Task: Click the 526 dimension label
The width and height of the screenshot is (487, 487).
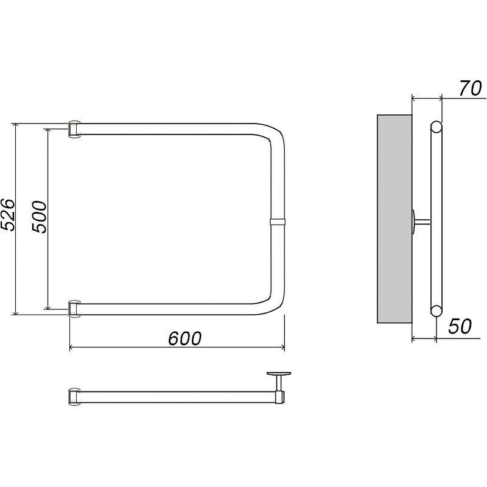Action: [x=7, y=214]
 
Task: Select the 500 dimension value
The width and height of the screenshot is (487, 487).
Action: [x=39, y=217]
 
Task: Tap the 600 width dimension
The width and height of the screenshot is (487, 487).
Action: [x=185, y=338]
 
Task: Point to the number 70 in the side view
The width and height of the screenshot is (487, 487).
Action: [x=470, y=88]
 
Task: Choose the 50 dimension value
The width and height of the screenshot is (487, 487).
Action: [x=460, y=326]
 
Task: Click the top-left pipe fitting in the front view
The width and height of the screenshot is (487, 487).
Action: [x=74, y=128]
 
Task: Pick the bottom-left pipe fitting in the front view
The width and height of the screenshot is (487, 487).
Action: [x=74, y=309]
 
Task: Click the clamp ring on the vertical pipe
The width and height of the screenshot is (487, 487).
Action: [x=278, y=222]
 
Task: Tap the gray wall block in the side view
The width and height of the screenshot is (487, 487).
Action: [x=394, y=219]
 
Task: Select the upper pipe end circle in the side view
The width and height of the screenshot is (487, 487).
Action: [x=436, y=127]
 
